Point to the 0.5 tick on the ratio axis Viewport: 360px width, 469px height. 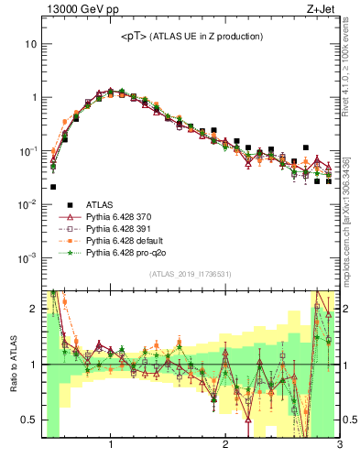coord(29,420)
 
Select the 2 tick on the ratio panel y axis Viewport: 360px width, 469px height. coord(34,309)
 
